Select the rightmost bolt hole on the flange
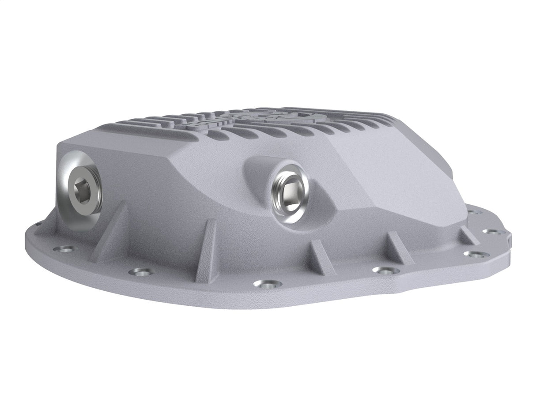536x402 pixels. point(491,231)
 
